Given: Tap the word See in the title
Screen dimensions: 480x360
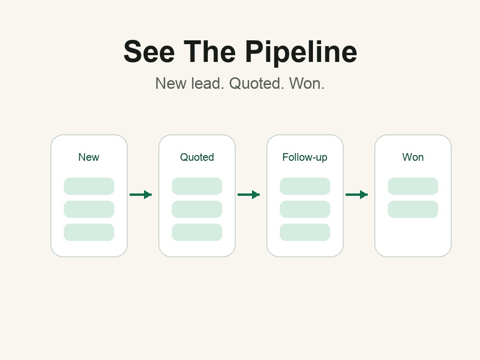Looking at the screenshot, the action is [149, 51].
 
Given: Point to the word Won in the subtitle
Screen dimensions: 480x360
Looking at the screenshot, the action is [307, 83].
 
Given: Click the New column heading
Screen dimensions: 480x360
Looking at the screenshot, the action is [89, 157].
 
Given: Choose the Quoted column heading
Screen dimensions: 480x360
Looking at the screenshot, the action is [197, 157].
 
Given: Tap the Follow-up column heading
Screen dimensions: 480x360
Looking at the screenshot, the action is [305, 157].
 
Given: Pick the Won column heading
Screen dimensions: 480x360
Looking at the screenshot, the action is [413, 157].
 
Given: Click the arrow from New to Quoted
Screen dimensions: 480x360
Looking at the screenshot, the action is [141, 195].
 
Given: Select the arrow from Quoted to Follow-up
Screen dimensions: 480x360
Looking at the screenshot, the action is [249, 195].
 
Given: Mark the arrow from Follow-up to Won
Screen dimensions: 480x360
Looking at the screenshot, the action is [357, 195].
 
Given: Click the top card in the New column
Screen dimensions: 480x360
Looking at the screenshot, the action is [89, 186].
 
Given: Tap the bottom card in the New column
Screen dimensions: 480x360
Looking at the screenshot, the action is [89, 232].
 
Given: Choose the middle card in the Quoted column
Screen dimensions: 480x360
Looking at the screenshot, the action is [197, 209].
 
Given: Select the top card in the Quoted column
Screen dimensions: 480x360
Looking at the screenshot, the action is [197, 186].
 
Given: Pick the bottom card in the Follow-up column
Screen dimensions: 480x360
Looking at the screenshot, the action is [305, 232].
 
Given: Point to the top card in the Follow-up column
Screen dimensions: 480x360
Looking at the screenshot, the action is [305, 186].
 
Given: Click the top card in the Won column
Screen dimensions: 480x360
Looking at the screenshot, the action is [413, 186].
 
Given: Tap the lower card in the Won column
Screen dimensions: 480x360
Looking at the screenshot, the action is [413, 209].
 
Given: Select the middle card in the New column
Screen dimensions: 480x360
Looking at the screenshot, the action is [89, 209].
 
